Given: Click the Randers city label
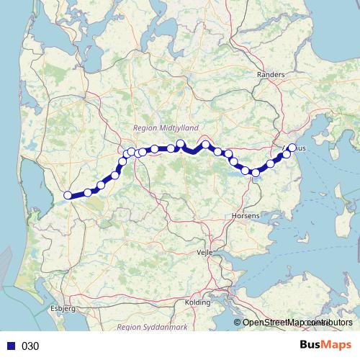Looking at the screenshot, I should pos(271,74).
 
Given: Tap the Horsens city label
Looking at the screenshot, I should pos(245,215).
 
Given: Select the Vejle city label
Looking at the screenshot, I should pos(206,253).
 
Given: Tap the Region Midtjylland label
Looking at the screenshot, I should pos(166,127).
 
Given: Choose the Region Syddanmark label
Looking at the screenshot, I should pos(151,326).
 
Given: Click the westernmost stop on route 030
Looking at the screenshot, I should pos(68,195).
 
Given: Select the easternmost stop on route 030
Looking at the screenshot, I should pos(292,148).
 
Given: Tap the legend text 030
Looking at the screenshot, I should pos(30,346).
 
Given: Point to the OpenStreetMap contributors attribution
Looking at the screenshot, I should pos(297,323).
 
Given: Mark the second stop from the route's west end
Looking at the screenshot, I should pos(88,192).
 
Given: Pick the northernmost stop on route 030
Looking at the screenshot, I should pos(181,143).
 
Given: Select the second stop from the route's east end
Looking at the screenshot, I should pos(287,154).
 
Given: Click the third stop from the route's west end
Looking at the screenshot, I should pos(101,185).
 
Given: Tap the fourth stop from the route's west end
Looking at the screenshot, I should pos(115,175).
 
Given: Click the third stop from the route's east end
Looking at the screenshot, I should pos(271,163).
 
